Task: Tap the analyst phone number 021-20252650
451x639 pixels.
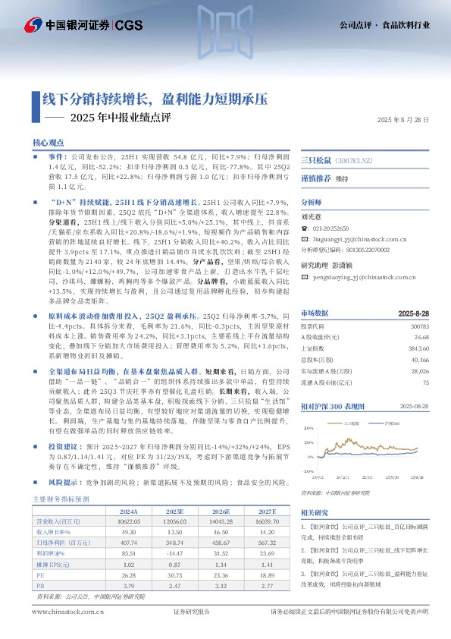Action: click(336, 228)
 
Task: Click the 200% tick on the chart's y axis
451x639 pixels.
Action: click(308, 429)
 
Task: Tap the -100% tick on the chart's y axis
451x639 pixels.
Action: click(308, 471)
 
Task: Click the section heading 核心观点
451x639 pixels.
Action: click(45, 143)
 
